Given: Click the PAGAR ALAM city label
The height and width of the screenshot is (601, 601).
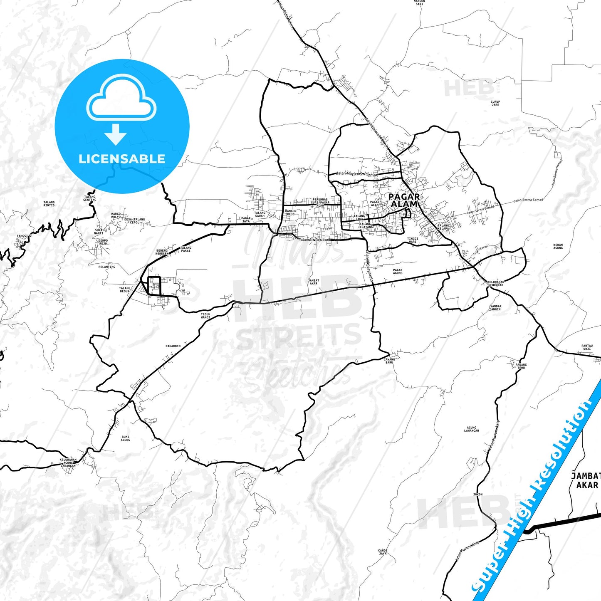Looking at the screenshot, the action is tap(404, 200).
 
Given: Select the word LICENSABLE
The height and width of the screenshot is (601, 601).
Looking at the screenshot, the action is tap(122, 158).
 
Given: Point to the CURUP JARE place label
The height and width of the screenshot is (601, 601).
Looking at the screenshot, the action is tap(495, 103).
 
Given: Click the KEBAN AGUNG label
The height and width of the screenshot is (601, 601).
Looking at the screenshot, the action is tap(558, 247).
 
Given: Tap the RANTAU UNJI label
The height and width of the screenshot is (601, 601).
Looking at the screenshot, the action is tap(587, 347).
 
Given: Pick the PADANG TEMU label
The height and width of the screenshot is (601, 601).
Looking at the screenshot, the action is tap(521, 366).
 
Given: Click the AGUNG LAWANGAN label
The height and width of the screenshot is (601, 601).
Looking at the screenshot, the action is tap(471, 429).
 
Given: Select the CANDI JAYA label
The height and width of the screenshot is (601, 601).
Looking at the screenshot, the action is tap(383, 552).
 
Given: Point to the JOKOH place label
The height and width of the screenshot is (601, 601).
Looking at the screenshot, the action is tap(478, 495).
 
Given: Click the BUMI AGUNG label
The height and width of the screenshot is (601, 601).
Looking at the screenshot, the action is tap(125, 438).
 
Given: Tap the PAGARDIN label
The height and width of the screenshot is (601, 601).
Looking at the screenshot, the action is tap(173, 346).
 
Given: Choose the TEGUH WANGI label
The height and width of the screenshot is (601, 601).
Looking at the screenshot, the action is tap(205, 316).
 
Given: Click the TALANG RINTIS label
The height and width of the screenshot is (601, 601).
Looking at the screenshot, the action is tap(49, 203).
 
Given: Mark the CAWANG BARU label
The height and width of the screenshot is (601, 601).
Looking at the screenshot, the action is tap(389, 361).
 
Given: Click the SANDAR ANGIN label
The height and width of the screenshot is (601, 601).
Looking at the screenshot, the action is tap(496, 308).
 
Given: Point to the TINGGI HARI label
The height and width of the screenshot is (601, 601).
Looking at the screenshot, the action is tap(412, 240).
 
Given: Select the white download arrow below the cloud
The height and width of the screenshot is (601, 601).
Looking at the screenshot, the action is tap(116, 134).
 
